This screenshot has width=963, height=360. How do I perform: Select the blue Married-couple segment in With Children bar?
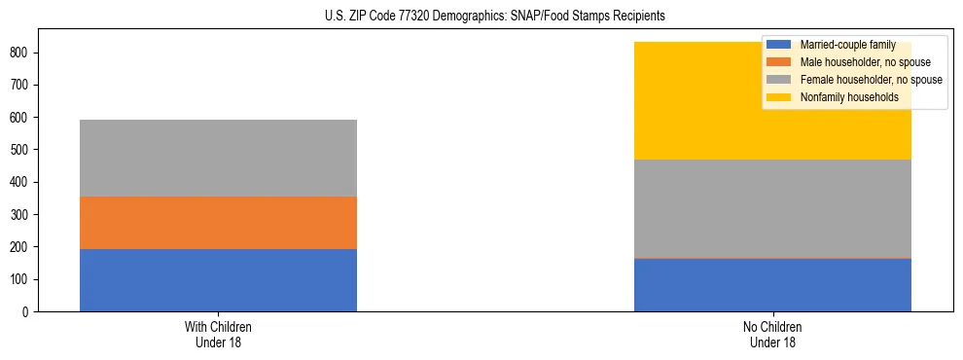pyautogui.click(x=218, y=280)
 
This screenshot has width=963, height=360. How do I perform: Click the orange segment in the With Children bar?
pyautogui.click(x=218, y=223)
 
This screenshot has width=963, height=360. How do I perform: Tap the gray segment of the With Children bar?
pyautogui.click(x=218, y=158)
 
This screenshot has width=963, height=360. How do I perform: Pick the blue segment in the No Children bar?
pyautogui.click(x=772, y=285)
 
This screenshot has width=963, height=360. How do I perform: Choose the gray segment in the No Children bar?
pyautogui.click(x=772, y=208)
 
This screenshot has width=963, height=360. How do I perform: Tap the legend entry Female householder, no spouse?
pyautogui.click(x=870, y=80)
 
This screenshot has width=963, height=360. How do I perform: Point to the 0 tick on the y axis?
pyautogui.click(x=29, y=312)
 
